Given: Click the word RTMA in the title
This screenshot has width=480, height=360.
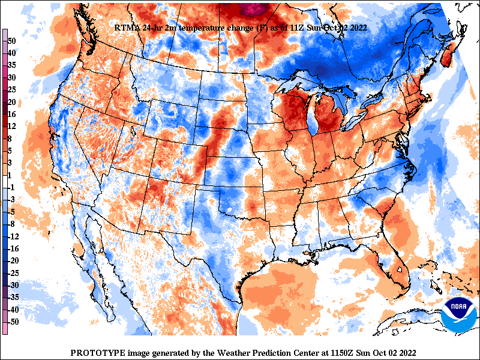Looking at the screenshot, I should click(x=127, y=28).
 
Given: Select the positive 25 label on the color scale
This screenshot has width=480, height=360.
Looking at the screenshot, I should click(x=12, y=89).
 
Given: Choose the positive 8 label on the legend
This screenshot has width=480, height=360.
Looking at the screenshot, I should click(x=10, y=138).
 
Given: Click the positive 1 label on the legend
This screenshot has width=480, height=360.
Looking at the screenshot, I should click(x=10, y=175).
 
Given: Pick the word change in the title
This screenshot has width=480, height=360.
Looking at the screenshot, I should click(x=243, y=28).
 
